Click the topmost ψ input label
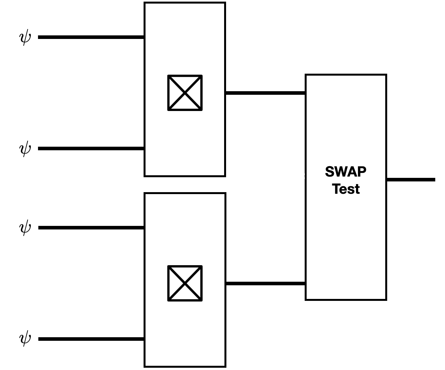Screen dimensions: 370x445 coord(25,37)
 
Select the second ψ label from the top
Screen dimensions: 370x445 coord(25,149)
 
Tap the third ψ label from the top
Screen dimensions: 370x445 coord(25,228)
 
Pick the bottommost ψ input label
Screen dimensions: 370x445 coord(25,339)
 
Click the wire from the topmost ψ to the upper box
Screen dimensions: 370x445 coord(91,37)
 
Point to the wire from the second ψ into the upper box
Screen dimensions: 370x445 coord(91,149)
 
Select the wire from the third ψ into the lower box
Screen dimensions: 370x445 coord(91,228)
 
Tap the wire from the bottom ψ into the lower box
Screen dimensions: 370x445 coord(91,339)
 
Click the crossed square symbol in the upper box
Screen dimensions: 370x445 coord(185,93)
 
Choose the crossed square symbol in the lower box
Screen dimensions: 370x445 coord(185,283)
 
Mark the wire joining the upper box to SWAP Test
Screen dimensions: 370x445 coord(265,93)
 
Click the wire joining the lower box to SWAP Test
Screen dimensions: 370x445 coord(265,284)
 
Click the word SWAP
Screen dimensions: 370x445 coord(346,172)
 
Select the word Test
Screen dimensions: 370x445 coord(346,189)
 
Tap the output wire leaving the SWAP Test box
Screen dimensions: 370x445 coord(411,179)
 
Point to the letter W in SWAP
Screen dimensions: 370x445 coord(341,172)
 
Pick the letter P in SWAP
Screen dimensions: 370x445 coord(362,172)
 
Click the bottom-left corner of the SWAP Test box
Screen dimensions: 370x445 coord(306,299)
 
